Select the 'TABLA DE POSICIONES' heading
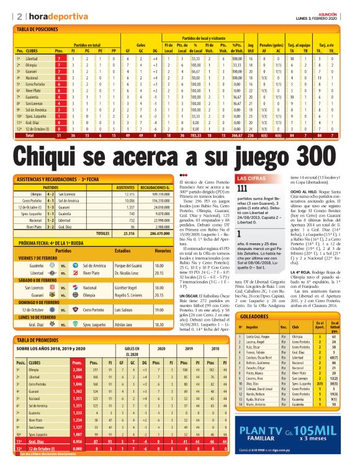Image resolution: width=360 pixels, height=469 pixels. [x=40, y=29]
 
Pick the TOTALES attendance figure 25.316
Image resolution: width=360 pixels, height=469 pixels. [x=125, y=234]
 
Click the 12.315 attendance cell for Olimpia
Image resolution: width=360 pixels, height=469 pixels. [x=125, y=194]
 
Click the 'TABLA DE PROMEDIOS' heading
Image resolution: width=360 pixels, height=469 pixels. [x=38, y=341]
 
